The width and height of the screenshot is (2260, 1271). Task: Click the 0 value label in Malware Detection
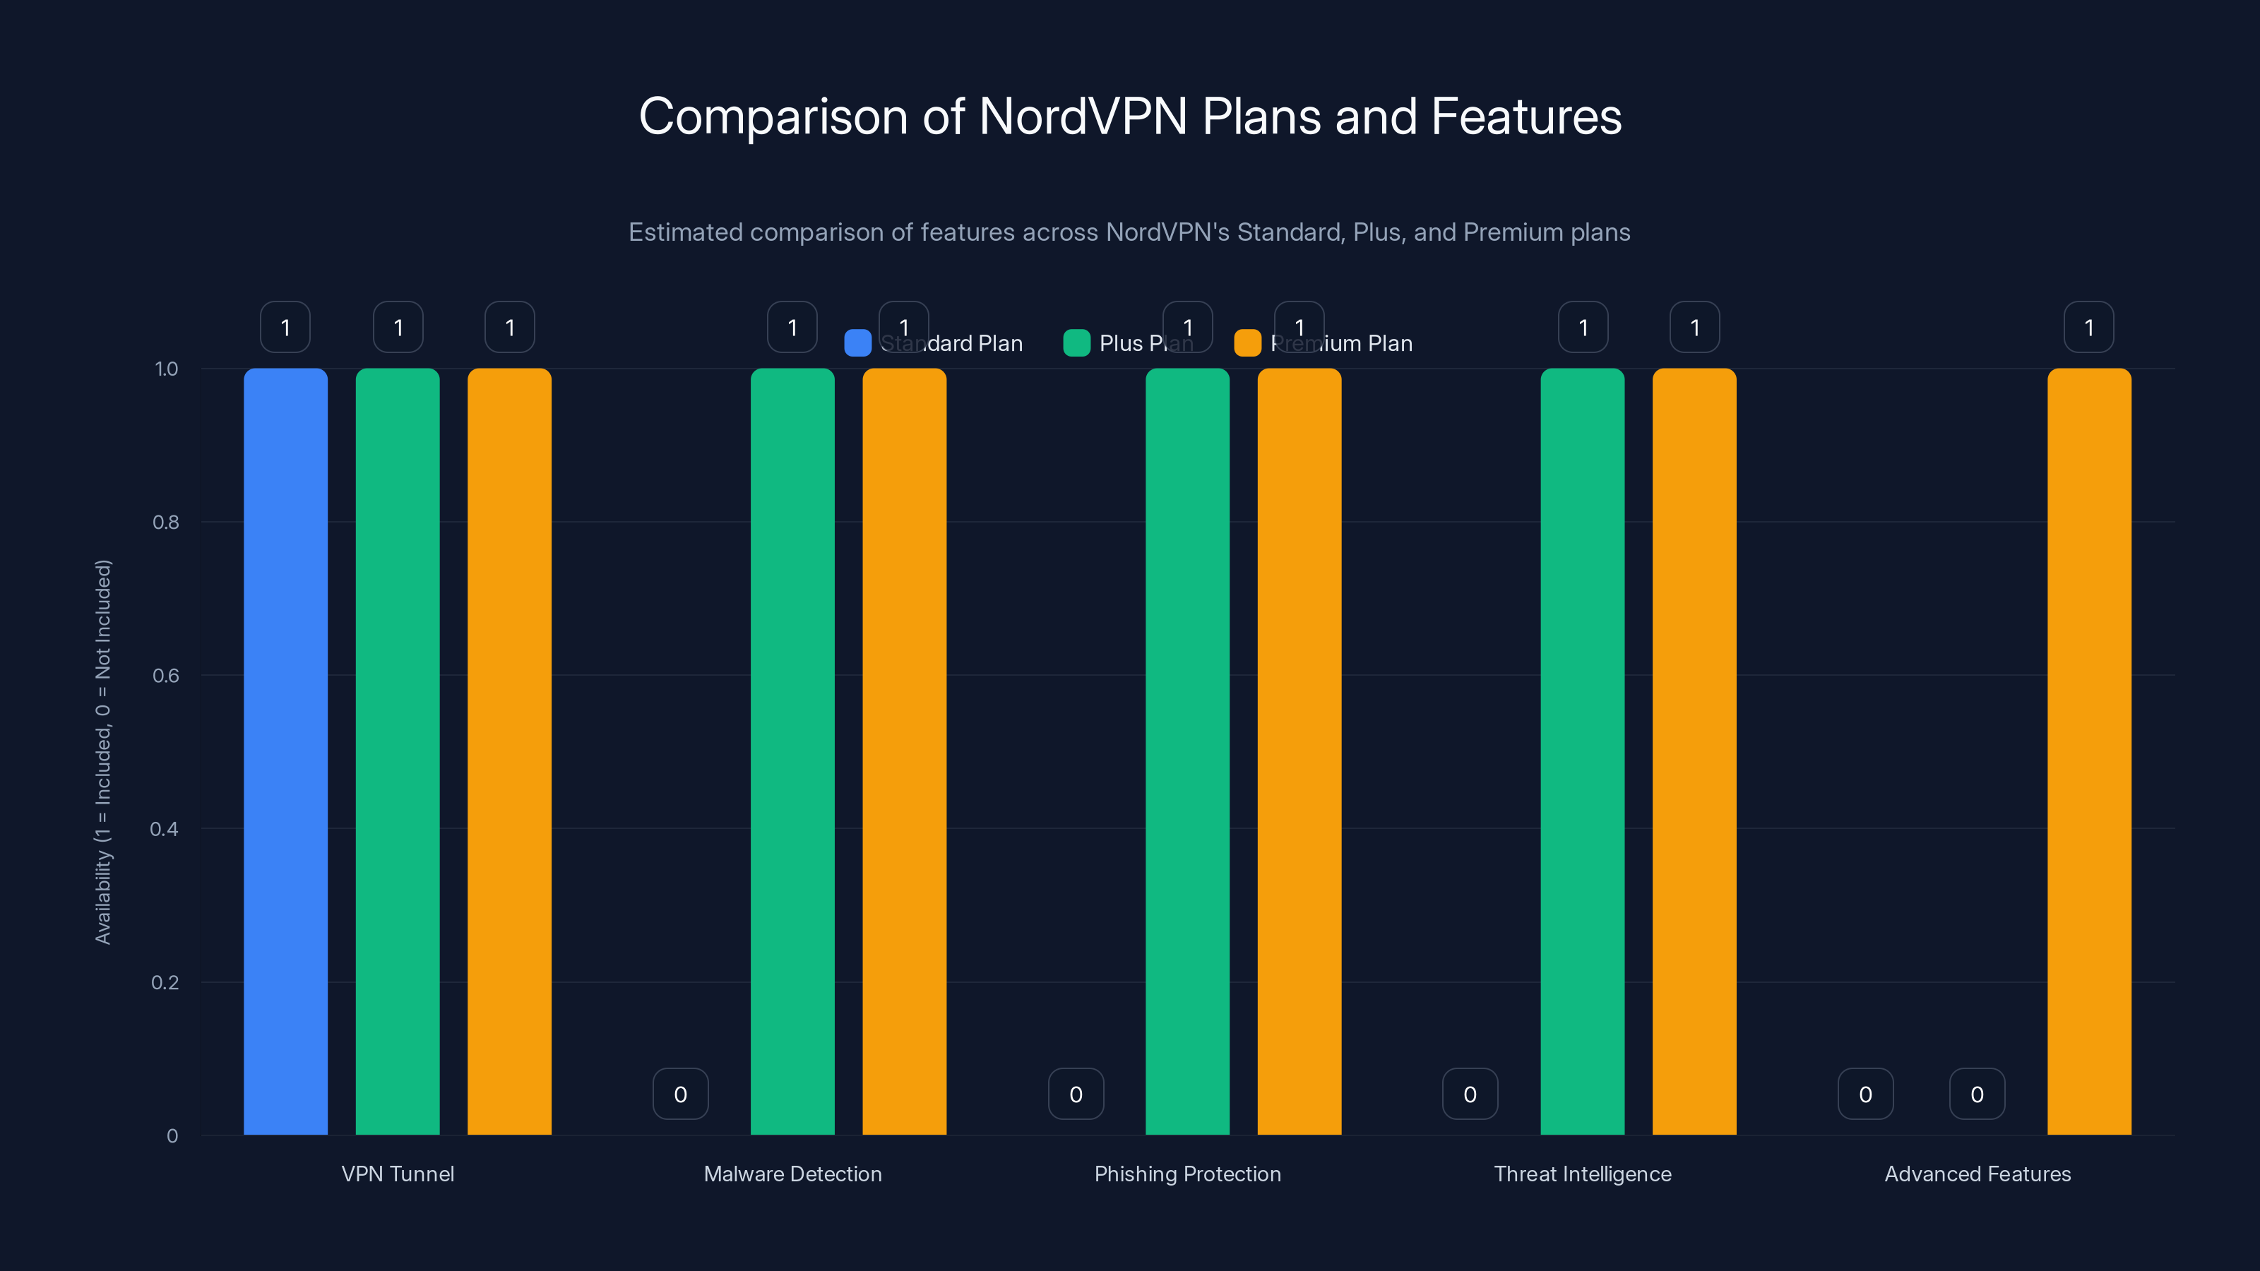(681, 1094)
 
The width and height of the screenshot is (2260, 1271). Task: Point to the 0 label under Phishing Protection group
(1076, 1094)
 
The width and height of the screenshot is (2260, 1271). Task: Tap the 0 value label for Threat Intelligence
(1470, 1094)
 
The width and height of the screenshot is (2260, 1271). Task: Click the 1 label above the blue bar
(285, 327)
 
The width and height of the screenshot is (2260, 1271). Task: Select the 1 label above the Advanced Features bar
(2089, 327)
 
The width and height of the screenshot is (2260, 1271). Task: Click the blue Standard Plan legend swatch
(857, 343)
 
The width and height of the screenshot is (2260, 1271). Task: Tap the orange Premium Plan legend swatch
(1247, 343)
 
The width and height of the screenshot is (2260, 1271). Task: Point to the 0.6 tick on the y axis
(166, 676)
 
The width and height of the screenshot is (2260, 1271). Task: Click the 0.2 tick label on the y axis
(165, 982)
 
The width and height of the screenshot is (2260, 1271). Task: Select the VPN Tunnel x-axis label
(398, 1174)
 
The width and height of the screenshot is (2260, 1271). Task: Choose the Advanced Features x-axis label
(1978, 1174)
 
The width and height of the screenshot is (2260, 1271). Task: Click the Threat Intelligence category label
(1583, 1174)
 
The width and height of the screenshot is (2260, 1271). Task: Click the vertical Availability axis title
(104, 752)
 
